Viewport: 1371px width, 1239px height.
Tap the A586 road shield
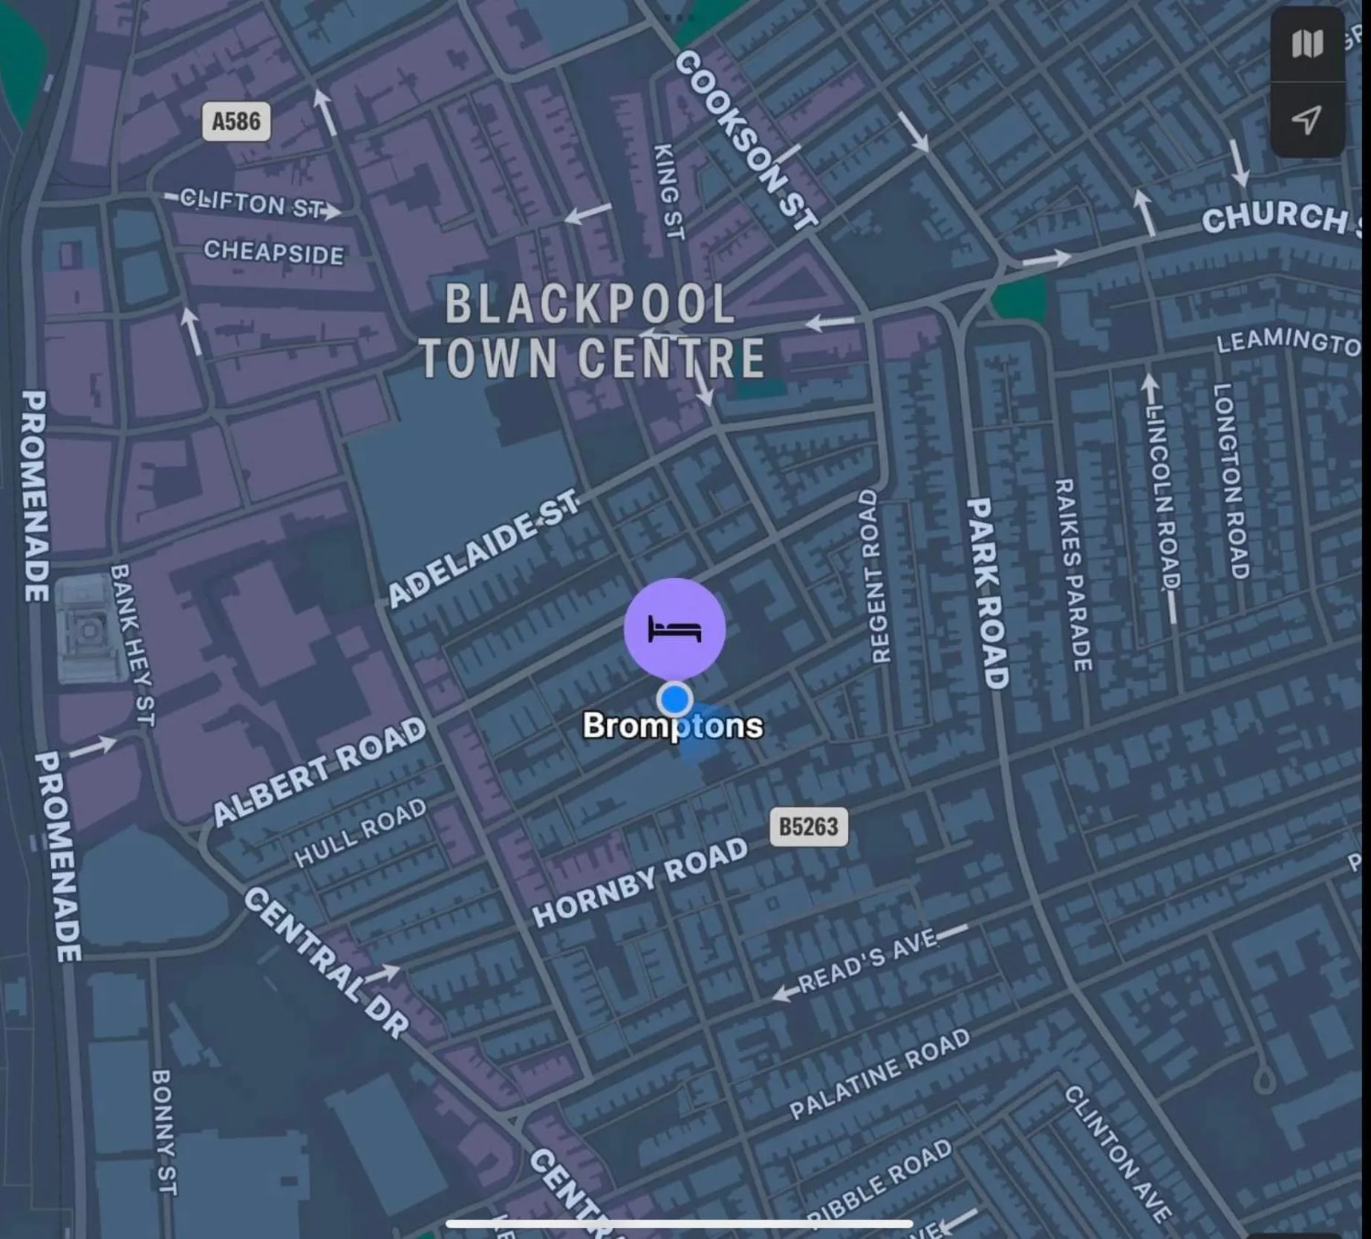[236, 121]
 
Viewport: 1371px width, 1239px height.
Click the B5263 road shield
[808, 827]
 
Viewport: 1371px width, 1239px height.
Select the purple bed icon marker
[674, 628]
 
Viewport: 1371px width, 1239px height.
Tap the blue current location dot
[675, 699]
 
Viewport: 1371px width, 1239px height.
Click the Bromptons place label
[672, 726]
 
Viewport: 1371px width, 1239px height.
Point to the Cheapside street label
[273, 252]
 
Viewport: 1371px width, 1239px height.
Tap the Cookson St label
[746, 139]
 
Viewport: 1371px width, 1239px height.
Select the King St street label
[668, 192]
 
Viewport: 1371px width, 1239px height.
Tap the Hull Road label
[360, 833]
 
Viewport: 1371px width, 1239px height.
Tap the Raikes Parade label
[1073, 575]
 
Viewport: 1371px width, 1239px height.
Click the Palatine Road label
[879, 1073]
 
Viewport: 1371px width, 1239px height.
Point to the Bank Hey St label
[133, 644]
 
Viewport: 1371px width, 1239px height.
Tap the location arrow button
[1306, 120]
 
